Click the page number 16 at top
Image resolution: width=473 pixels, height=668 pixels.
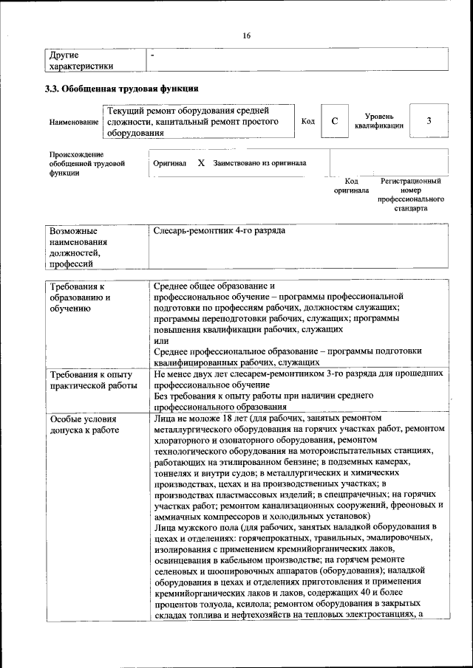[246, 35]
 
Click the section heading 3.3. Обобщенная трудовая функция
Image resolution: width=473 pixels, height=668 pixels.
[122, 89]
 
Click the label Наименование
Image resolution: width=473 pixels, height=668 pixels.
[73, 122]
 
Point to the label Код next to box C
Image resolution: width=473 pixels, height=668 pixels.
[308, 122]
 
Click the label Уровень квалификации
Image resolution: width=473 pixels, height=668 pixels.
[378, 121]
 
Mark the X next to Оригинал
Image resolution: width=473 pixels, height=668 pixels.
[200, 162]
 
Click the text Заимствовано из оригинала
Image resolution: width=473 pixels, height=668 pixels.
[259, 162]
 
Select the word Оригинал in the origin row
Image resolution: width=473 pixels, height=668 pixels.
[169, 163]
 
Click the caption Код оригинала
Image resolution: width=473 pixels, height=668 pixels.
[351, 185]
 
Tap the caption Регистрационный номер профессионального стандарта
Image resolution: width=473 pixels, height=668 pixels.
[410, 194]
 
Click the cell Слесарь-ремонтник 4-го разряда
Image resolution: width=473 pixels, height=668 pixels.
[219, 231]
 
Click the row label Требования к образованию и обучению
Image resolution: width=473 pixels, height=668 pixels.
[80, 297]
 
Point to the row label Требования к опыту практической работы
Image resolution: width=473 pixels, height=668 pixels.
[92, 379]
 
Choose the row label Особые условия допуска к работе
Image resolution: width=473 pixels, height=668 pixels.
[84, 424]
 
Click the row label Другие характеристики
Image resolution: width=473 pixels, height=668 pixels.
[81, 60]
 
